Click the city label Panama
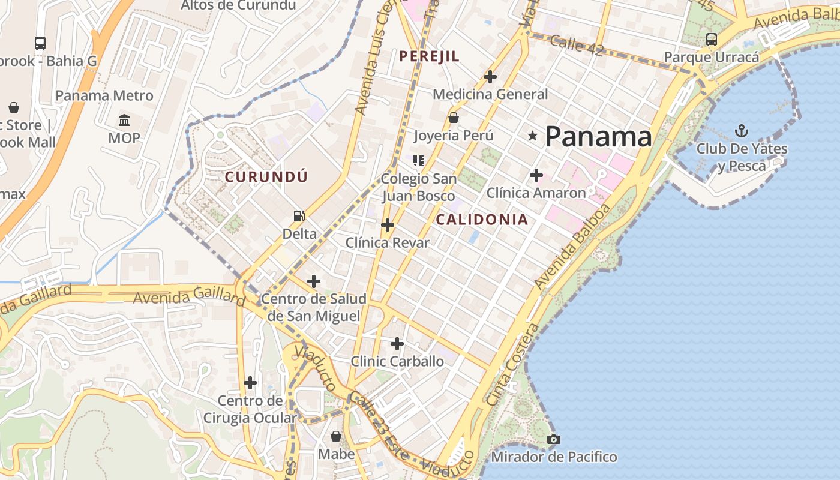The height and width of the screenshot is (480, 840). coord(598,137)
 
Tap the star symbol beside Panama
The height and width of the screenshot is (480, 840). coord(532,136)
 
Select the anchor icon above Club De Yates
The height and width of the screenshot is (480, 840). coord(742,130)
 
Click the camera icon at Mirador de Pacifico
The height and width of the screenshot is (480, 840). coord(554,440)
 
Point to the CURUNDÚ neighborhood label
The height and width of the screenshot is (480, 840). coord(266,176)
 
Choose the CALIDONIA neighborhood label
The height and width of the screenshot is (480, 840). coord(482,220)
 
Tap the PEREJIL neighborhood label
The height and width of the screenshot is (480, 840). coord(429,56)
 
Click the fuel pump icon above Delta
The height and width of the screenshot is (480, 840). coord(299,216)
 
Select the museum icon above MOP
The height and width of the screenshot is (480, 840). coord(124,121)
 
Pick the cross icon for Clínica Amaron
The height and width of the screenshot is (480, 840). coord(536,175)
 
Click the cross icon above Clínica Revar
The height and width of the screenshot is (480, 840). coord(388,225)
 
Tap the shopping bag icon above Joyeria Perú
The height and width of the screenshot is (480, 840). coord(454,118)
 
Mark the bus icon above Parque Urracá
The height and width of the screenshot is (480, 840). coord(711,40)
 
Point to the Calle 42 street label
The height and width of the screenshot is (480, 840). coord(576,46)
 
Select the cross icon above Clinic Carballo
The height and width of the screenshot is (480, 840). coord(397,344)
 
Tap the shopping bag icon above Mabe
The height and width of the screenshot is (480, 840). coord(336,436)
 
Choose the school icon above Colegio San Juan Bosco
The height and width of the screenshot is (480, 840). coord(419,160)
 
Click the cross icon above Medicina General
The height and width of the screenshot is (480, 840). coord(490,77)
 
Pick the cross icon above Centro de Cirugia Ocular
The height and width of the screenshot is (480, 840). coord(250,382)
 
